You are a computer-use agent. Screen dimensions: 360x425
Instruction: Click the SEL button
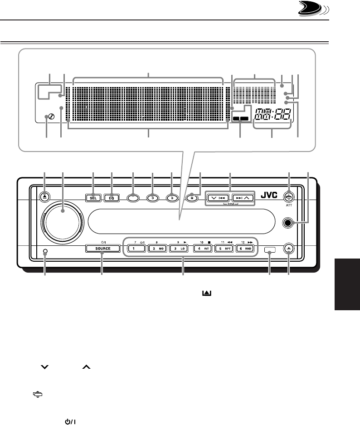point(93,198)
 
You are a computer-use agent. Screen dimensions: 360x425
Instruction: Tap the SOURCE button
point(102,249)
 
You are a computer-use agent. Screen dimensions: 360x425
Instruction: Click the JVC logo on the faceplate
point(270,197)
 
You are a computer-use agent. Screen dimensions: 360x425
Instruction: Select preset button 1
point(135,249)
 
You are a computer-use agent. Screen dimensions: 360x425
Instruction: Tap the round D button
point(153,198)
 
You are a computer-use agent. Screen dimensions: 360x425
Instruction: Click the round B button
point(171,198)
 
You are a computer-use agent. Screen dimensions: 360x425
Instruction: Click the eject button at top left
point(44,197)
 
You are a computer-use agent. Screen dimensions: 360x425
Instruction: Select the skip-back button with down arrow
point(217,198)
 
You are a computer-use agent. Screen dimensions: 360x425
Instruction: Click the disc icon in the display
point(47,118)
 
